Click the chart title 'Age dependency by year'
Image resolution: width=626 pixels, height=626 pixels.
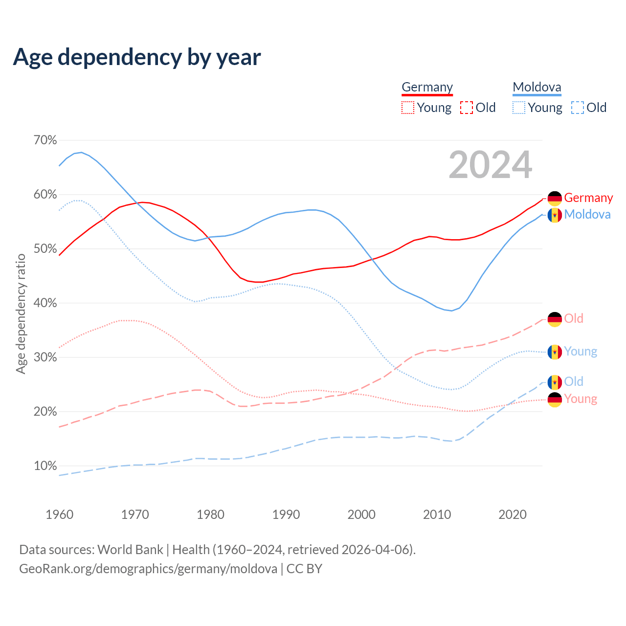[x=137, y=57]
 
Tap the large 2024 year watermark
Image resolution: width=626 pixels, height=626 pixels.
[x=490, y=165]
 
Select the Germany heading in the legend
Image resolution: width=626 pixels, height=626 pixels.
[x=427, y=88]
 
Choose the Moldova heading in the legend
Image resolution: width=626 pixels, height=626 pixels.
[x=537, y=88]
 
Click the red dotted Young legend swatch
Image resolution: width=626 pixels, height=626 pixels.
[x=407, y=108]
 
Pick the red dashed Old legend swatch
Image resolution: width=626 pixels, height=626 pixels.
[x=466, y=108]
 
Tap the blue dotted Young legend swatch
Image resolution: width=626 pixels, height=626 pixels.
[x=518, y=108]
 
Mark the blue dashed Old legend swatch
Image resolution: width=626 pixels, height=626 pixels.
[x=577, y=108]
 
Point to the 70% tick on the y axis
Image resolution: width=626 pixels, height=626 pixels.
[x=45, y=140]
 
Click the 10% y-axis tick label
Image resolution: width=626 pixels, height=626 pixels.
[x=45, y=466]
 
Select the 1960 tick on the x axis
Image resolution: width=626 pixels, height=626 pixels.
[x=59, y=514]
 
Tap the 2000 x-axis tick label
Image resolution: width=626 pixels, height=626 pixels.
[x=361, y=514]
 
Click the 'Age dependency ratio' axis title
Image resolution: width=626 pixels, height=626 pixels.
[x=21, y=313]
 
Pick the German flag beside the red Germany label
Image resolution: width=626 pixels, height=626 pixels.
[x=555, y=199]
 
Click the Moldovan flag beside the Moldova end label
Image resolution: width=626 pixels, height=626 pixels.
[x=555, y=215]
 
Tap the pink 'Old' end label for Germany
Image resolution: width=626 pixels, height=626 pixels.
[x=574, y=319]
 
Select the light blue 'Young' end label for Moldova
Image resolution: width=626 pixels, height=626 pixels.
[x=581, y=352]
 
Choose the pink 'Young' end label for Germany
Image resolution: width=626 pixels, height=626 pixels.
[x=581, y=399]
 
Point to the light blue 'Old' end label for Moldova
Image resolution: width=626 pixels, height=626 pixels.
[x=574, y=381]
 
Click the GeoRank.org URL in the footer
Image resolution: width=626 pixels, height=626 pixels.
[x=148, y=569]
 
